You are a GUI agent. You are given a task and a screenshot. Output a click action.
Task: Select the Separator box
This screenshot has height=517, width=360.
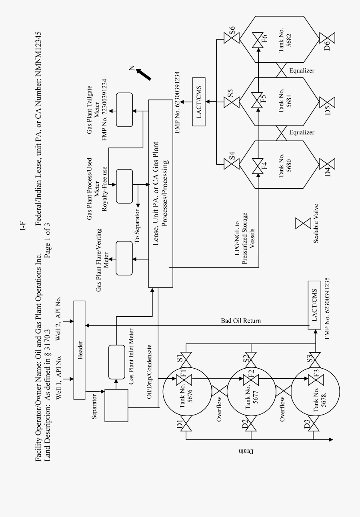coord(116,405)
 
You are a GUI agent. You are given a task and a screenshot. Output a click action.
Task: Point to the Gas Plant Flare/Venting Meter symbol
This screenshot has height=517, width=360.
coord(124,258)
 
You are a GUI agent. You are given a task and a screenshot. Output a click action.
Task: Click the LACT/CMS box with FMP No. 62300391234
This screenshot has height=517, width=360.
coord(199,102)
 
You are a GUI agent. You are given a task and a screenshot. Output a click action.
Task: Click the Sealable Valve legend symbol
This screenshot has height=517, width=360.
coord(303,223)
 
